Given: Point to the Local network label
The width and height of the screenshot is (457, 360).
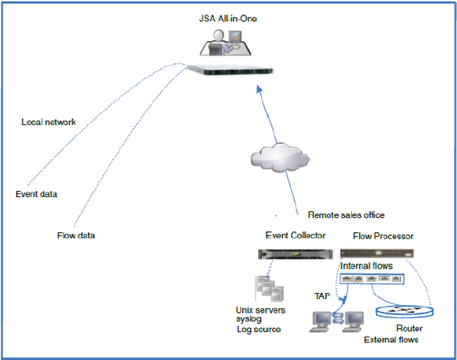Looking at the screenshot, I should click(x=49, y=122).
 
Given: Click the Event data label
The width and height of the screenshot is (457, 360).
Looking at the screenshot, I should click(x=36, y=194).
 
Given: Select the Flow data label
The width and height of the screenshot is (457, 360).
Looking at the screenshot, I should click(x=76, y=236).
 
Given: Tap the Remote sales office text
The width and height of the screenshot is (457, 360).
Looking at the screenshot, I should click(x=346, y=215).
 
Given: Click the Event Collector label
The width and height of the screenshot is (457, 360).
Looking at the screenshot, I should click(x=295, y=236).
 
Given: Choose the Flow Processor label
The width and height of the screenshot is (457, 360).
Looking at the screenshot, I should click(x=383, y=236).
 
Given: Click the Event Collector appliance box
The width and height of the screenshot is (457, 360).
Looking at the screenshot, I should click(x=296, y=254).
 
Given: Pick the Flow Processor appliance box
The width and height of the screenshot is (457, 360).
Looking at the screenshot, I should click(x=383, y=253).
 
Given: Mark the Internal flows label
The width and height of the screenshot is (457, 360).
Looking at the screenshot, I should click(x=366, y=266).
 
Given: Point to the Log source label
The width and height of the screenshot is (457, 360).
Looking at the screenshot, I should click(x=258, y=330).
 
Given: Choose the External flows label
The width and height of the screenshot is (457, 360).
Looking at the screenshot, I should click(x=391, y=340).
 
